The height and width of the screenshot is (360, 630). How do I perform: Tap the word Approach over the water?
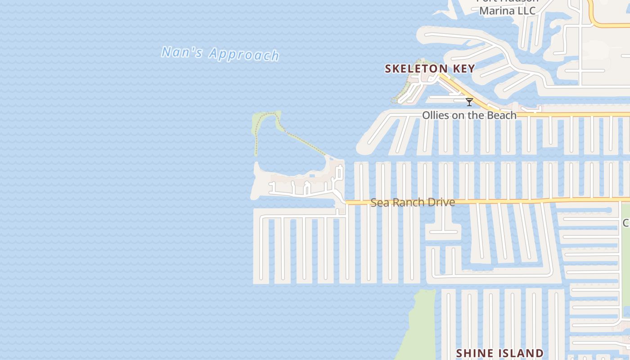244,54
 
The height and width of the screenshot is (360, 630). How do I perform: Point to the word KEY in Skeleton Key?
464,69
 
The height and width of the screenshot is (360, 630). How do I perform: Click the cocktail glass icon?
469,102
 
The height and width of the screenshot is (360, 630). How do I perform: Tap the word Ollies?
435,115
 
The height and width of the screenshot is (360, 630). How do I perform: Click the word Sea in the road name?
379,202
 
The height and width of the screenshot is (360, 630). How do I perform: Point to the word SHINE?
474,353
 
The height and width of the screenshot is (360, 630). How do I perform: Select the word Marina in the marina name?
497,10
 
